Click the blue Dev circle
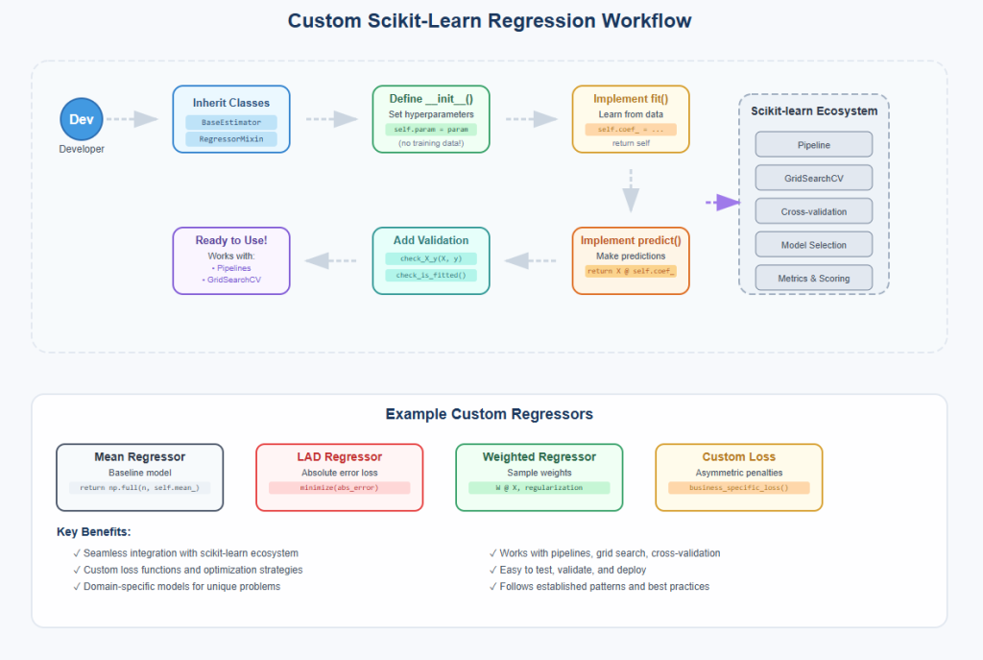(x=80, y=119)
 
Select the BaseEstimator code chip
(x=230, y=122)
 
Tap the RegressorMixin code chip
(x=230, y=139)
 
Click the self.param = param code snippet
(x=430, y=130)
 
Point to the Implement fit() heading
(x=630, y=99)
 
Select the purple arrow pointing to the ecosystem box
(x=723, y=202)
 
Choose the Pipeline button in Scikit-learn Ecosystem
(x=813, y=144)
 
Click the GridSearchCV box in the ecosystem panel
(x=813, y=178)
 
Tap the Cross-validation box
(x=813, y=211)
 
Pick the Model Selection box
(x=813, y=245)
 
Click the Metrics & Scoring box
(x=813, y=279)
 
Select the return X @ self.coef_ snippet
(x=630, y=272)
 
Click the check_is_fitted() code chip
(x=430, y=276)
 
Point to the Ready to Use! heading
(x=230, y=240)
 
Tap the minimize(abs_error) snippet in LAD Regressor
(x=339, y=488)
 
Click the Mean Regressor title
(x=139, y=457)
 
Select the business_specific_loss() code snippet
(x=738, y=488)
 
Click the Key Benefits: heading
(x=94, y=531)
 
